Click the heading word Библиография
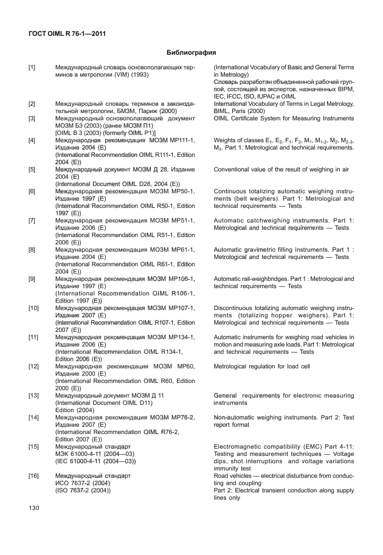[x=191, y=53]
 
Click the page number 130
[x=33, y=507]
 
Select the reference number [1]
[x=32, y=66]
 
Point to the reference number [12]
[x=33, y=367]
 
